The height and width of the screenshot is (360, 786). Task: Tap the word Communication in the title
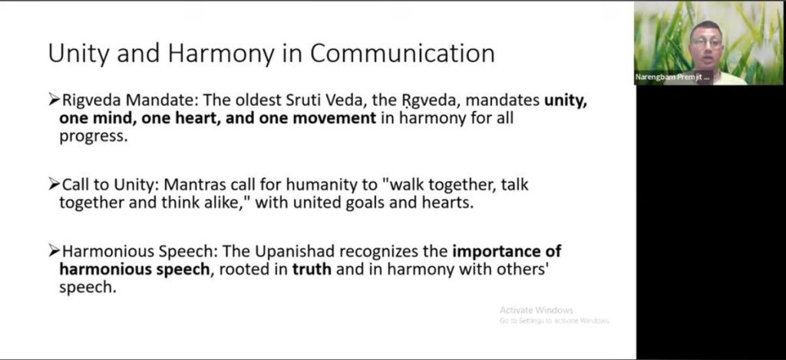click(x=402, y=53)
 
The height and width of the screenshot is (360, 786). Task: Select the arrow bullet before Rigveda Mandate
click(x=54, y=101)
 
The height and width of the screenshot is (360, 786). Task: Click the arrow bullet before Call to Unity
click(x=54, y=185)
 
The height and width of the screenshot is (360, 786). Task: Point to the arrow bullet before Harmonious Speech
click(x=54, y=251)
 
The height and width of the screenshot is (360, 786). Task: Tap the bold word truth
click(x=312, y=269)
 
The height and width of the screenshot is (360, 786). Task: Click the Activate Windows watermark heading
click(x=536, y=310)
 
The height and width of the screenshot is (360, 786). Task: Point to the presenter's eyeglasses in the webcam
click(x=706, y=42)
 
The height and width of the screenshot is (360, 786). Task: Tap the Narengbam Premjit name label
click(x=672, y=78)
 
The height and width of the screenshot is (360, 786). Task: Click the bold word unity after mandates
click(x=566, y=101)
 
